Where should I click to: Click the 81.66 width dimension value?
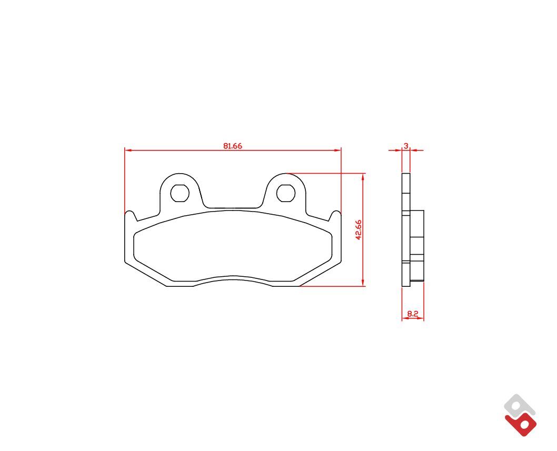tap(233, 146)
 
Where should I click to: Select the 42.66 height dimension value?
tap(359, 229)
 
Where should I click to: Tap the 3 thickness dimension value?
tap(406, 145)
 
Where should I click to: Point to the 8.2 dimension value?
tap(413, 314)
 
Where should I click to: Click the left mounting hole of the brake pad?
tap(180, 193)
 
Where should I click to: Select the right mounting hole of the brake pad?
tap(286, 193)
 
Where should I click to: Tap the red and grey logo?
tap(520, 415)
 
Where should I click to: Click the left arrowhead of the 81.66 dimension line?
tap(128, 150)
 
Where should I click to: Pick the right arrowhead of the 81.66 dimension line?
tap(337, 150)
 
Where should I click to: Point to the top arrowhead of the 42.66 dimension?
tap(363, 177)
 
